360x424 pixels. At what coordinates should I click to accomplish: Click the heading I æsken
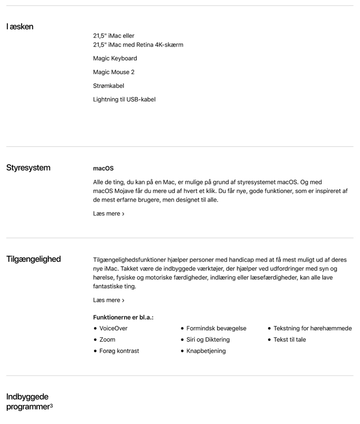(x=20, y=27)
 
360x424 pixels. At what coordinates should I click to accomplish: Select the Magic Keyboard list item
(x=115, y=58)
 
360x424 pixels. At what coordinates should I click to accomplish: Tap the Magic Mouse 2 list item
(x=114, y=72)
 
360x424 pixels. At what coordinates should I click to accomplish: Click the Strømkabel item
(x=109, y=86)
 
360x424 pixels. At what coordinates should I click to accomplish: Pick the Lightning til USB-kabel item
(x=125, y=99)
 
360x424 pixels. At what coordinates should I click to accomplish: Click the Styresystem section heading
(x=28, y=168)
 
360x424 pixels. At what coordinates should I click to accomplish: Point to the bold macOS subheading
(x=103, y=168)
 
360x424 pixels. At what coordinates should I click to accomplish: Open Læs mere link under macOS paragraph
(x=109, y=214)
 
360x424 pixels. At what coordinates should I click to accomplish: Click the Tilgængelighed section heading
(x=34, y=259)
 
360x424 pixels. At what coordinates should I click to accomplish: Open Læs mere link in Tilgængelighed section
(x=109, y=300)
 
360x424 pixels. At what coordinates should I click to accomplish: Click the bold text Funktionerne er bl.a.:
(x=124, y=317)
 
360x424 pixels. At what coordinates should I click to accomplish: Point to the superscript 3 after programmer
(x=51, y=406)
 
